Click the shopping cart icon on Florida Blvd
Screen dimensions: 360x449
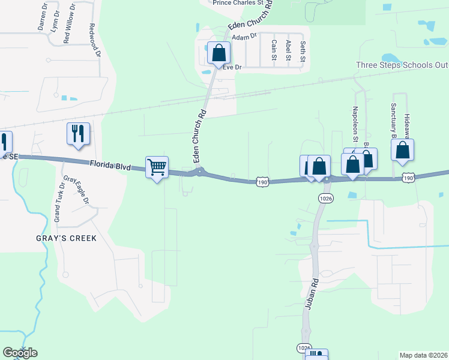157,167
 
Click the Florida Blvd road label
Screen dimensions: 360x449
110,165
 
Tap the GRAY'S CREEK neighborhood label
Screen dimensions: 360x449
66,238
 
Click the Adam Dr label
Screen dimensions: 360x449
244,37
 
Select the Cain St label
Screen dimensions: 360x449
274,50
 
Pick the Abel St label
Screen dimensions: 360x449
289,50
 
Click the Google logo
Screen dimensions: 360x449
20,353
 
